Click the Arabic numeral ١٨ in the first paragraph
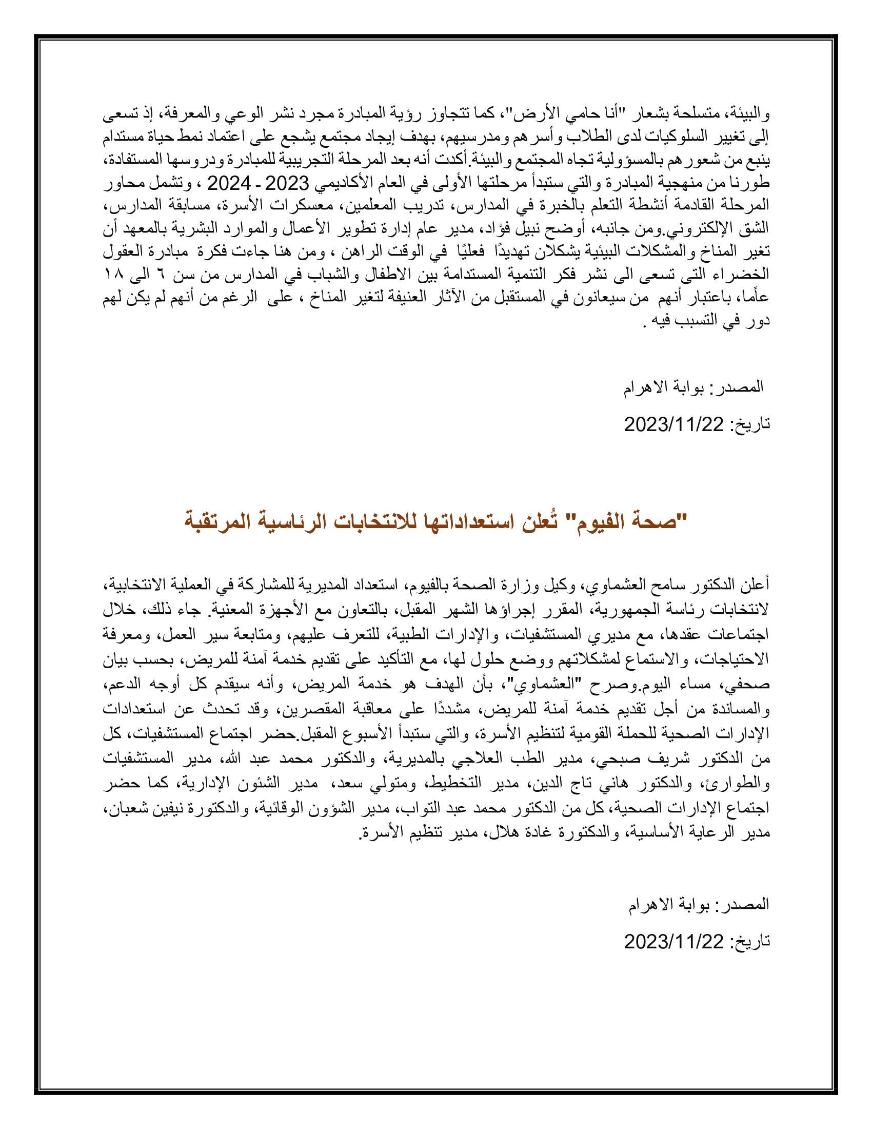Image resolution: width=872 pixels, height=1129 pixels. click(x=113, y=274)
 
